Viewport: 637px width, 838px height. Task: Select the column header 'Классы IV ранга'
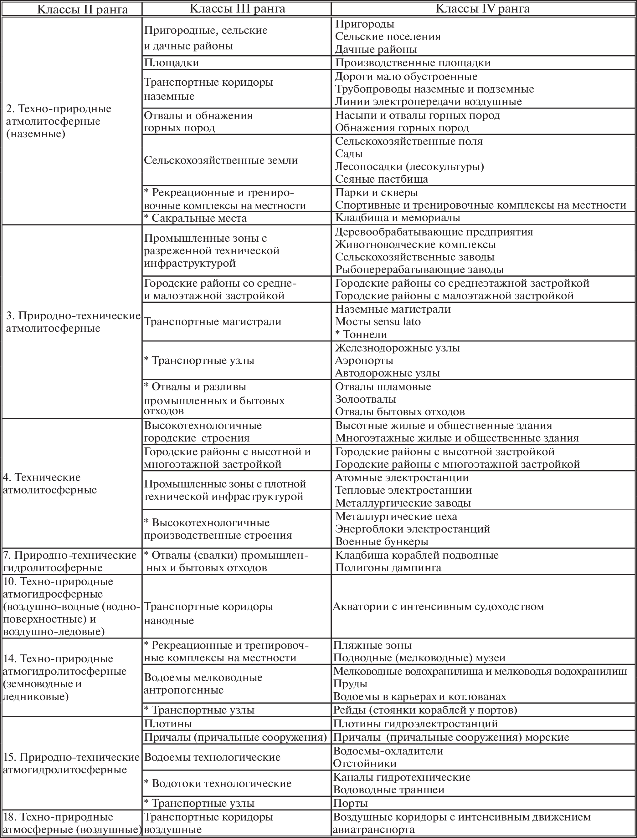pyautogui.click(x=483, y=8)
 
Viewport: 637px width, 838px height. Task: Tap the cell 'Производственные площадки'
pyautogui.click(x=413, y=63)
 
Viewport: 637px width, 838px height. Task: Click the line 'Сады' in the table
pyautogui.click(x=349, y=154)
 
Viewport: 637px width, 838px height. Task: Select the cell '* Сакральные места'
pyautogui.click(x=195, y=218)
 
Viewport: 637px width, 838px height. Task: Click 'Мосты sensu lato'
pyautogui.click(x=378, y=322)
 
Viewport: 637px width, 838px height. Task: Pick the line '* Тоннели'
pyautogui.click(x=361, y=334)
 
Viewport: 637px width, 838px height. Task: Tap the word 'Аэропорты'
pyautogui.click(x=364, y=360)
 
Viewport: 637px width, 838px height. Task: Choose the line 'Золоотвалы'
pyautogui.click(x=366, y=399)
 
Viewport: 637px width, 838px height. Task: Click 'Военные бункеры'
pyautogui.click(x=382, y=541)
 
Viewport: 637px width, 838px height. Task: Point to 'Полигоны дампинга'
pyautogui.click(x=388, y=568)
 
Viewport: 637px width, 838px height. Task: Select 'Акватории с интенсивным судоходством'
pyautogui.click(x=438, y=607)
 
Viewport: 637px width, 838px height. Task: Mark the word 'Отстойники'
pyautogui.click(x=365, y=763)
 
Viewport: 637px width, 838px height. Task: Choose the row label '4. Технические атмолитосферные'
pyautogui.click(x=50, y=483)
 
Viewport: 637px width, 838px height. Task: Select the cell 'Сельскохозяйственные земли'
pyautogui.click(x=221, y=160)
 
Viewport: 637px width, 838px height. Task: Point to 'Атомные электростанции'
pyautogui.click(x=402, y=478)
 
